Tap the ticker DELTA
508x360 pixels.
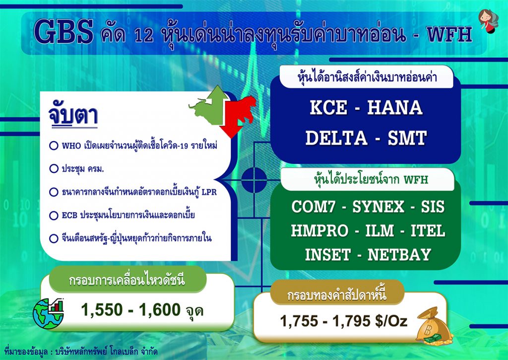pyautogui.click(x=336, y=138)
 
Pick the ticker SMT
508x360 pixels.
pyautogui.click(x=407, y=138)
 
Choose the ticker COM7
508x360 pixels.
pyautogui.click(x=314, y=207)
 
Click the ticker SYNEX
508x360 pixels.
pyautogui.click(x=379, y=207)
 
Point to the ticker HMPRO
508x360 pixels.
pyautogui.click(x=319, y=231)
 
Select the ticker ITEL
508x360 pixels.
pyautogui.click(x=428, y=231)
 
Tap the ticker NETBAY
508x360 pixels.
pyautogui.click(x=399, y=255)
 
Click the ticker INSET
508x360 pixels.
pyautogui.click(x=328, y=255)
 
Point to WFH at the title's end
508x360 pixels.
pyautogui.click(x=449, y=34)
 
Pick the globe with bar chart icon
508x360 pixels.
pyautogui.click(x=48, y=313)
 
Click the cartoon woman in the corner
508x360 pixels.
pyautogui.click(x=488, y=21)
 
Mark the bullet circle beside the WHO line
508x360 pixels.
pyautogui.click(x=54, y=145)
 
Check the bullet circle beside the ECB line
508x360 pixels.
pyautogui.click(x=54, y=216)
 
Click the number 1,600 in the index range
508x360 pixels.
pyautogui.click(x=159, y=310)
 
